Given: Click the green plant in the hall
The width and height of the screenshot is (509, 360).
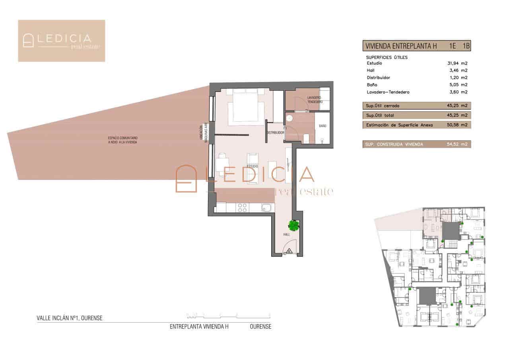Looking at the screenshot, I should click(x=294, y=226).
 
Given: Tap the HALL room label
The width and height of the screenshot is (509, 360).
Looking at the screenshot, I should click(x=286, y=235).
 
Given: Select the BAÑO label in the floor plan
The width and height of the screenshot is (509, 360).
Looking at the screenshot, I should click(x=322, y=126).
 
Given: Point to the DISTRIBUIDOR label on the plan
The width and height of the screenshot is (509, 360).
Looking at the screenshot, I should click(x=275, y=132).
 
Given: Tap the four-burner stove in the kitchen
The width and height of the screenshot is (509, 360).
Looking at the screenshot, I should click(x=242, y=207).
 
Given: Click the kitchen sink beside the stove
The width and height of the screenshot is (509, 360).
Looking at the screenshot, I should click(x=267, y=207).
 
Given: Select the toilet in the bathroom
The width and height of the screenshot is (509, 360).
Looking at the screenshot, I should click(x=306, y=138).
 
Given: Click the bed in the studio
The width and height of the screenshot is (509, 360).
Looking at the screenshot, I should click(x=245, y=107).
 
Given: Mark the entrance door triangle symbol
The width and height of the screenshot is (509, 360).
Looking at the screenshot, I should click(x=289, y=251).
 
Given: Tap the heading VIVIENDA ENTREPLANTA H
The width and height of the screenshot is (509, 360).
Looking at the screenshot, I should click(x=401, y=46).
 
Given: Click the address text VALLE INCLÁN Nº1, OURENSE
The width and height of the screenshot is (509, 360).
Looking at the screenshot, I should click(x=70, y=318).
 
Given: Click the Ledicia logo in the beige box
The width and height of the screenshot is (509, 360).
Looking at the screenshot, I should click(x=62, y=41).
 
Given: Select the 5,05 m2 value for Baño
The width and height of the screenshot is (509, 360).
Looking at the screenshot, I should click(x=457, y=85).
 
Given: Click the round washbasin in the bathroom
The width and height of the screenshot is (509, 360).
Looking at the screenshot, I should click(x=290, y=118).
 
